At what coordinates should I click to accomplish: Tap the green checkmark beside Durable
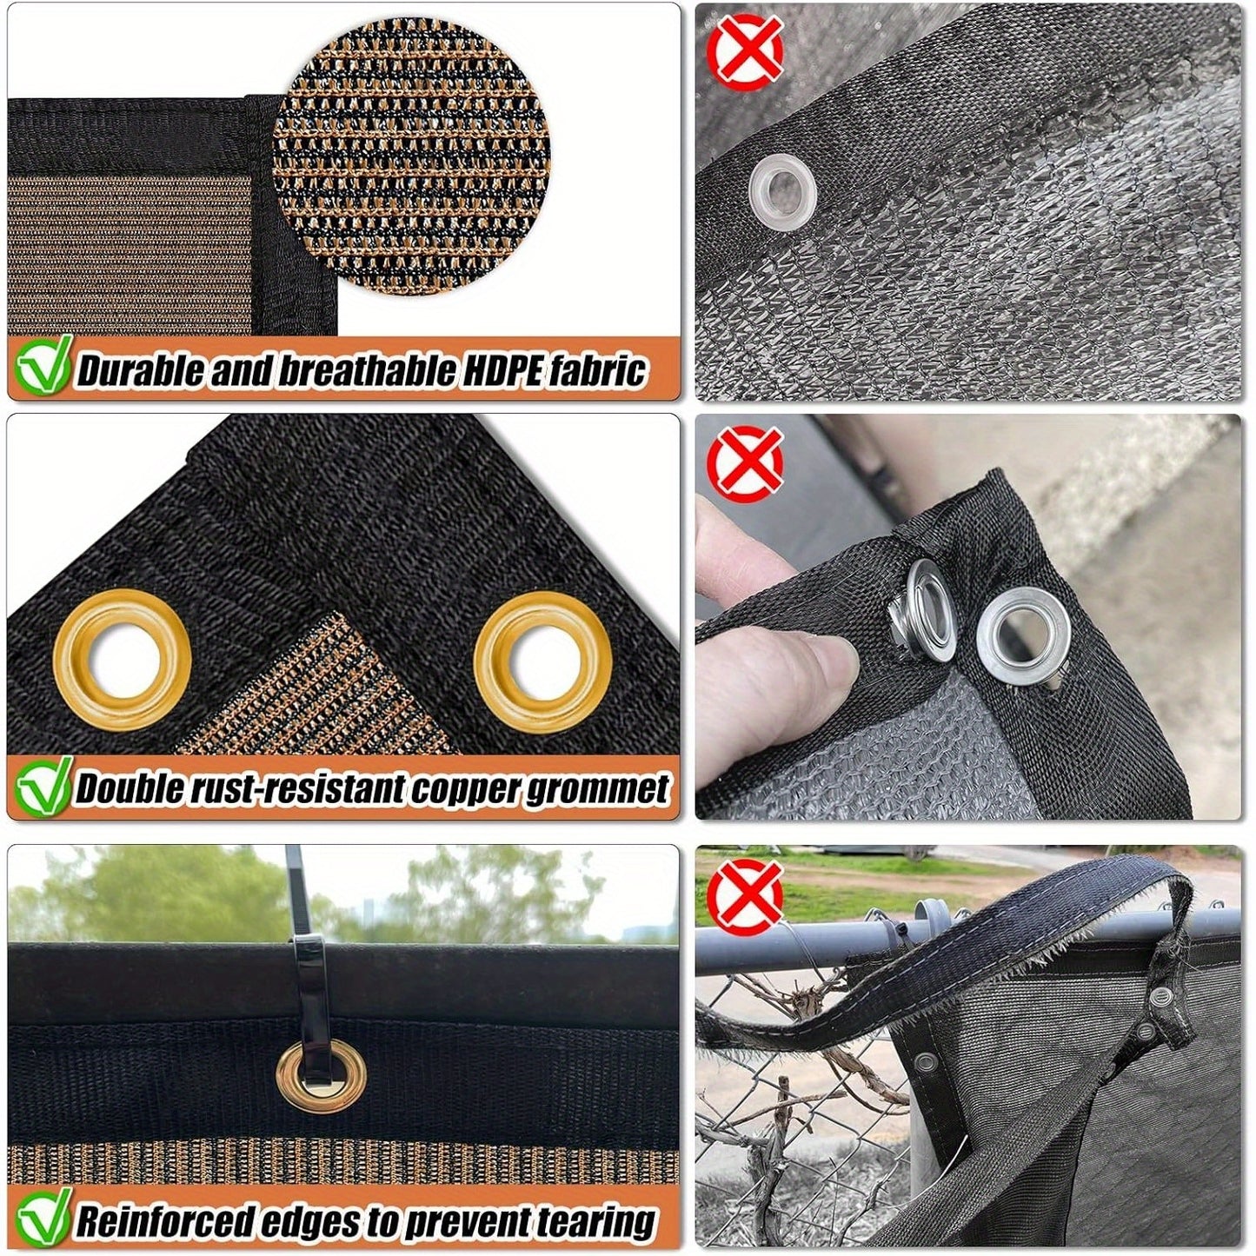tap(43, 366)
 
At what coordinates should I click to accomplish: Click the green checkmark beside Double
tap(43, 784)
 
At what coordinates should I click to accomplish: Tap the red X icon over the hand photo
tap(745, 464)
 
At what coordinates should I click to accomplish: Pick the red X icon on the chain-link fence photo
tap(745, 896)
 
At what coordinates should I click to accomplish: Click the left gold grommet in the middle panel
tap(122, 657)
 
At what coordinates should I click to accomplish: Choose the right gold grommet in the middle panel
tap(542, 661)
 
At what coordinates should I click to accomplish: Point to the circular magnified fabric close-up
tap(410, 162)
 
